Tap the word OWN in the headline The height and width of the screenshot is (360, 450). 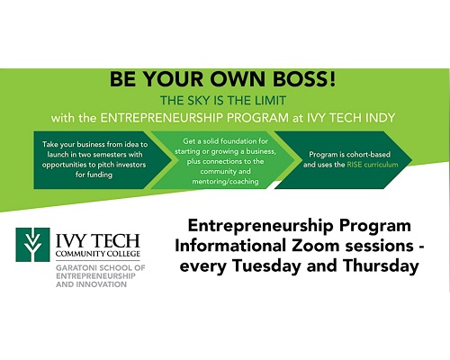[x=237, y=79]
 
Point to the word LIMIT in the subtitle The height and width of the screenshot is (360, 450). [x=270, y=101]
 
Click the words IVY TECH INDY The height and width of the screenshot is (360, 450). [x=351, y=118]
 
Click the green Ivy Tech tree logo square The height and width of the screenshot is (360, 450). [x=32, y=245]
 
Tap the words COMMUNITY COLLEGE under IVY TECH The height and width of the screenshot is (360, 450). [x=98, y=254]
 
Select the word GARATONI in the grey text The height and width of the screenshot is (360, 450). [x=76, y=267]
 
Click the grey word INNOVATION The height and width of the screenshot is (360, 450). [x=102, y=284]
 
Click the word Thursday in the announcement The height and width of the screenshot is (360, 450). [x=381, y=265]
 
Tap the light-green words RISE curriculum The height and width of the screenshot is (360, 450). [x=373, y=165]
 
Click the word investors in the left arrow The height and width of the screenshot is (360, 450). [x=131, y=165]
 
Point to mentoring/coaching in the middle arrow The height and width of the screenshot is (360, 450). [x=225, y=182]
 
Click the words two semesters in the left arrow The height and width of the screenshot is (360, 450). [x=103, y=155]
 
